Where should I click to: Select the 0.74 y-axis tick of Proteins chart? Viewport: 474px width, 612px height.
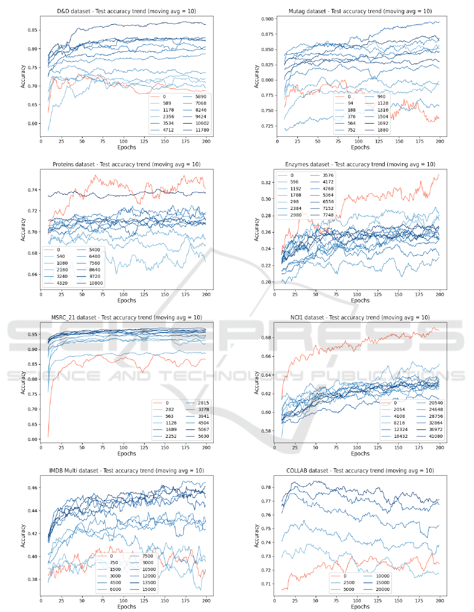[x=31, y=189]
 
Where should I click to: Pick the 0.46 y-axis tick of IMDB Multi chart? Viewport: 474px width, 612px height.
[x=31, y=488]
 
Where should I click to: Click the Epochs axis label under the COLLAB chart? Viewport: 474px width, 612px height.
[x=360, y=606]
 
